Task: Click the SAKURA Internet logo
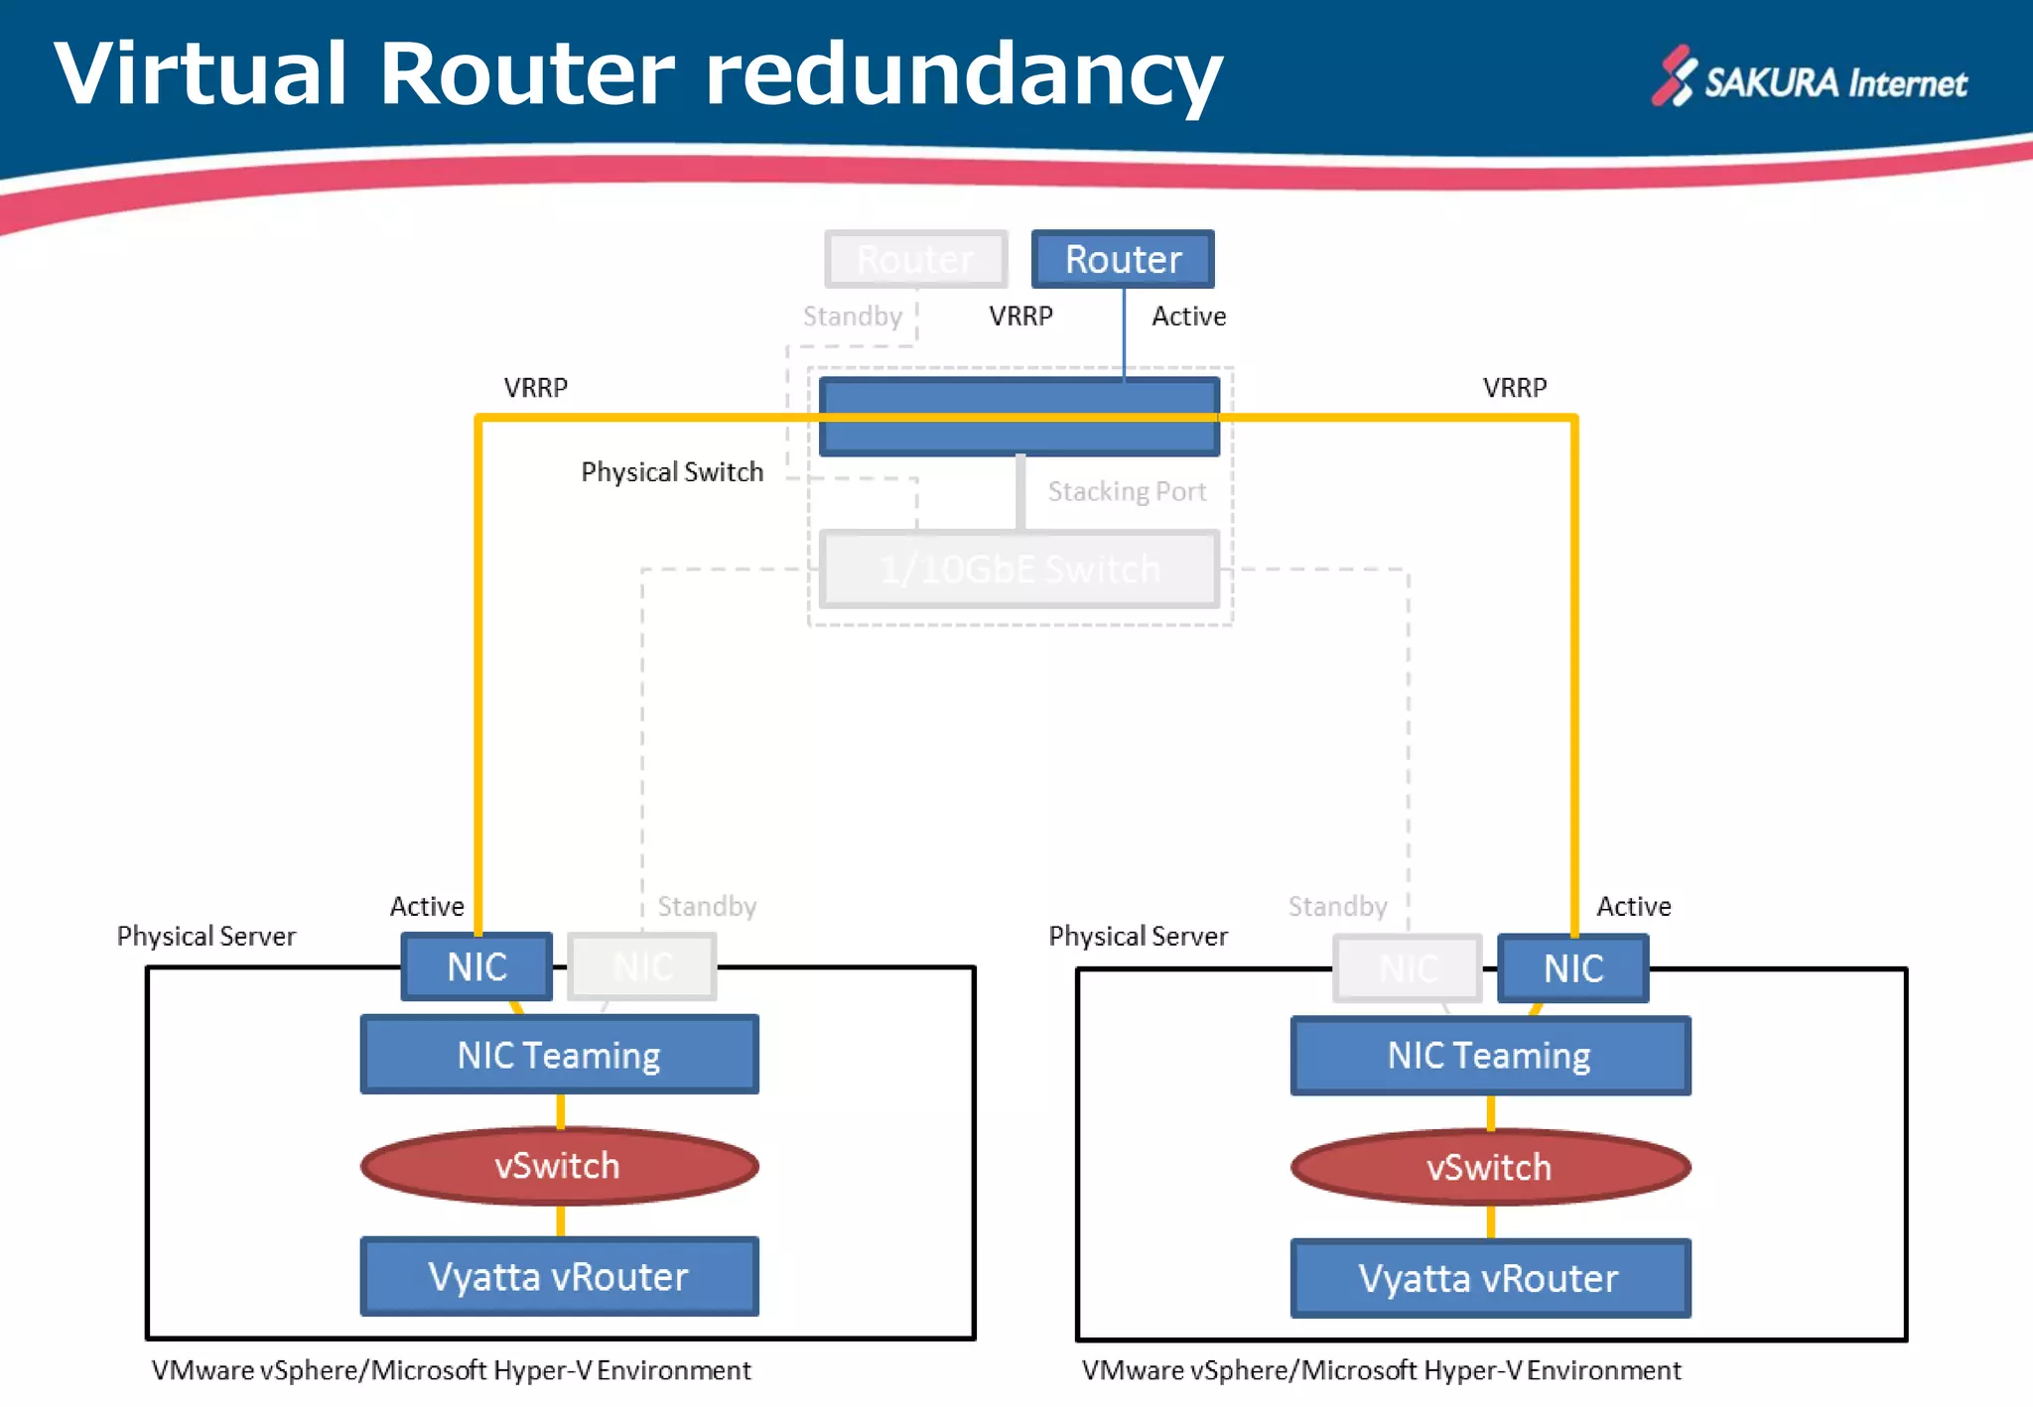(x=1809, y=79)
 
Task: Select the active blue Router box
(x=1123, y=259)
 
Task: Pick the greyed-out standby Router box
(x=915, y=259)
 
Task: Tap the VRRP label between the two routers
(x=1020, y=317)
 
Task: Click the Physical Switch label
(x=672, y=472)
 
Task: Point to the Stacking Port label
(x=1127, y=492)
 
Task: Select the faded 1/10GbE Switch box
(x=1019, y=570)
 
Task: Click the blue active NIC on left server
(x=476, y=966)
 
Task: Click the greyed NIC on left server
(x=642, y=966)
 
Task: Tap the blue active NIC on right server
(x=1572, y=968)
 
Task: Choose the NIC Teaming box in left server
(x=559, y=1055)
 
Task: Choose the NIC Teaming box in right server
(x=1489, y=1056)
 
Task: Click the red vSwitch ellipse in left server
(x=559, y=1166)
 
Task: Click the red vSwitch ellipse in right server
(x=1489, y=1168)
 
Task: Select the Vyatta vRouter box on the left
(x=559, y=1277)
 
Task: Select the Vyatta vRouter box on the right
(x=1489, y=1279)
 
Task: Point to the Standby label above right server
(x=1337, y=907)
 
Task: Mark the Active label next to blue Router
(x=1188, y=317)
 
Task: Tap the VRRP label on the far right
(x=1515, y=388)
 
